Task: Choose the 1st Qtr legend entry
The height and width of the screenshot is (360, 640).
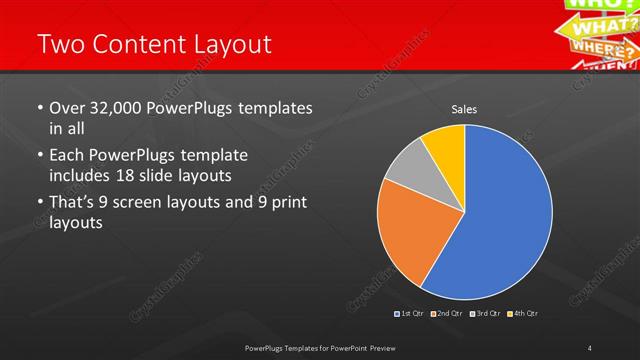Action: (411, 314)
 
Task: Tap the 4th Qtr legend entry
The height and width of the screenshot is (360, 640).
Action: (521, 314)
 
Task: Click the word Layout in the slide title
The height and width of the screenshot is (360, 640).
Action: (225, 44)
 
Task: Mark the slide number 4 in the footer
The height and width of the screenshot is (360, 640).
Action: (590, 347)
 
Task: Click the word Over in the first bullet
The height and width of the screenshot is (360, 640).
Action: (66, 108)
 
